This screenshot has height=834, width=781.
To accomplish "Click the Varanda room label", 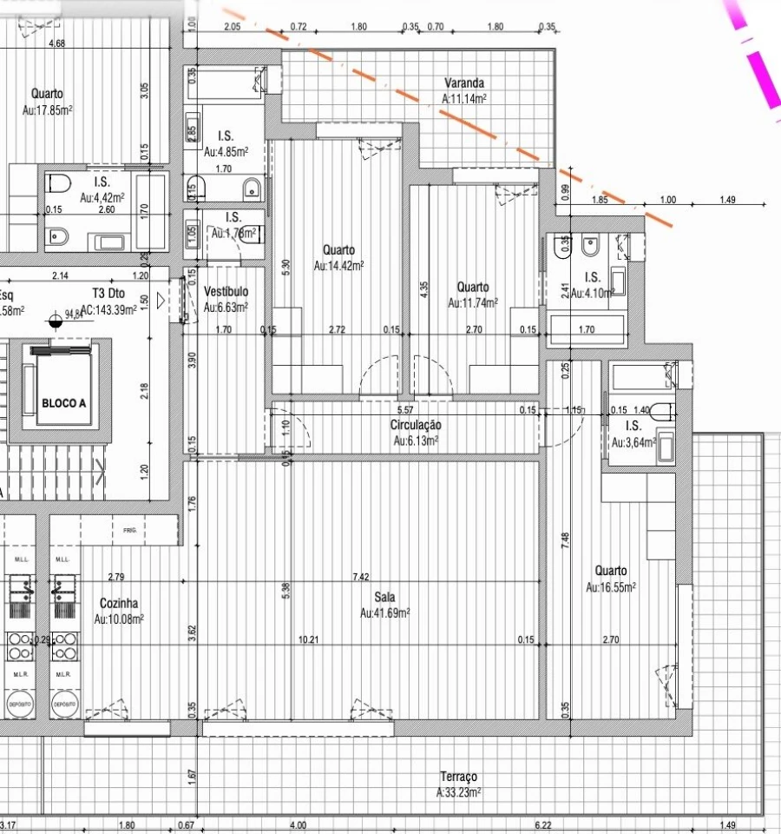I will pos(464,83).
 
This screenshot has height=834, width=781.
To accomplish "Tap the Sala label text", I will pos(384,598).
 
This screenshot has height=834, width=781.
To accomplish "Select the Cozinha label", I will pos(119,604).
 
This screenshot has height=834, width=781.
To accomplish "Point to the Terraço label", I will pos(458,777).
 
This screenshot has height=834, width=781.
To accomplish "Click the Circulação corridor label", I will pos(416,426).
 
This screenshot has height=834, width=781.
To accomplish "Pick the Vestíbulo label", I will pos(226,292).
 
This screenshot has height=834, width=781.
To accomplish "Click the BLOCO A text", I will pos(64,404).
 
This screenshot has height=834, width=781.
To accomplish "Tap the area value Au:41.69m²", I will pos(384,613).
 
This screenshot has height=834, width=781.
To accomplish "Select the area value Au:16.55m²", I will pos(611,587).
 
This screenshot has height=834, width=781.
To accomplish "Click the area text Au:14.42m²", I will pos(338,266).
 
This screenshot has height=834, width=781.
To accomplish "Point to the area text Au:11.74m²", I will pos(473,303).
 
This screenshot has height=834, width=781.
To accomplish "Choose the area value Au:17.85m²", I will pos(47,109).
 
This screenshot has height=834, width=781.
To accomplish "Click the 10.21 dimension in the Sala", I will pos(308,640).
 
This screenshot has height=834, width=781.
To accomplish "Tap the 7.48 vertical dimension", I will pos(565,541).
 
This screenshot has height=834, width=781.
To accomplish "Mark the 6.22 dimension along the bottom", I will pos(543,824).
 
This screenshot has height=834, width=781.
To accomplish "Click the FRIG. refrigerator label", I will pos(130,530).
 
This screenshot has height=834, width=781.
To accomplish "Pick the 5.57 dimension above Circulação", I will pos(404,409).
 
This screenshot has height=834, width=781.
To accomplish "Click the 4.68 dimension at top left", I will pos(57,43).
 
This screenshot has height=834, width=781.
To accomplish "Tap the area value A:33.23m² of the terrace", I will pos(458,792).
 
